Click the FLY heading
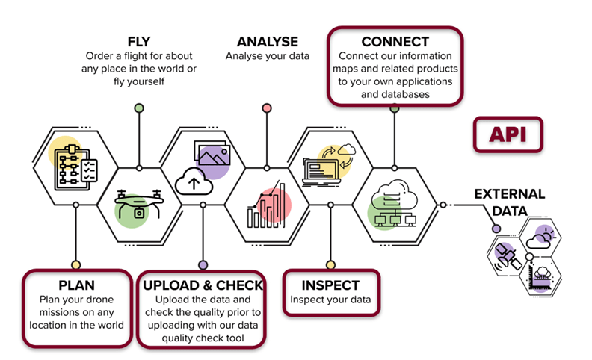[138, 42]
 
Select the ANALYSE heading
[267, 42]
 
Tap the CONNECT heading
[395, 42]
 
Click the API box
[508, 134]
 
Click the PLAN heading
[75, 285]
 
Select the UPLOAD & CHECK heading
[203, 285]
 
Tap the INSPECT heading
[330, 285]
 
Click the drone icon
[138, 205]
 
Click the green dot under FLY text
[138, 108]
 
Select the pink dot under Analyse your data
[267, 108]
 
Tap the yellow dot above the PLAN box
[75, 264]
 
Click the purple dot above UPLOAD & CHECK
[203, 264]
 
